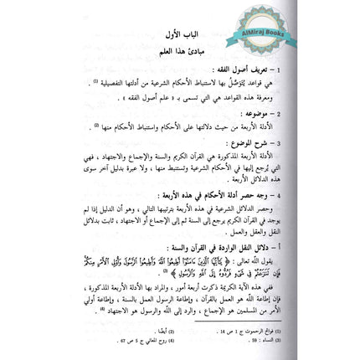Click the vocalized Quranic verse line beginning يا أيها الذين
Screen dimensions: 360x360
(193, 260)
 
